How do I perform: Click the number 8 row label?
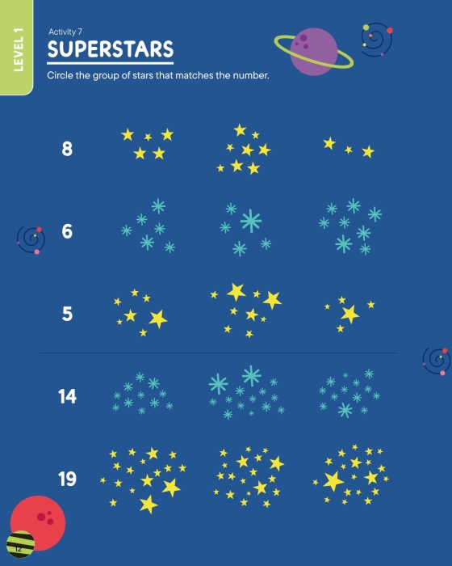(x=67, y=149)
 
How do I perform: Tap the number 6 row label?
(x=67, y=232)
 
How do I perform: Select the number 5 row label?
(x=67, y=314)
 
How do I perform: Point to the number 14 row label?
(x=67, y=397)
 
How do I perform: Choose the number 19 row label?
(x=67, y=479)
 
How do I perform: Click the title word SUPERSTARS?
(x=110, y=51)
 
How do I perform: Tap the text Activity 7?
(x=66, y=32)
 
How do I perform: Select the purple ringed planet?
(x=313, y=52)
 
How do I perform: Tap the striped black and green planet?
(x=21, y=546)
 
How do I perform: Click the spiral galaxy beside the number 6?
(x=30, y=239)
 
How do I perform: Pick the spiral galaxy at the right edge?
(x=437, y=360)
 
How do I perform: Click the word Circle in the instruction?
(x=61, y=76)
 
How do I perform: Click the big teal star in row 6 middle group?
(x=251, y=221)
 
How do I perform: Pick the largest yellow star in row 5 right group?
(x=349, y=314)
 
